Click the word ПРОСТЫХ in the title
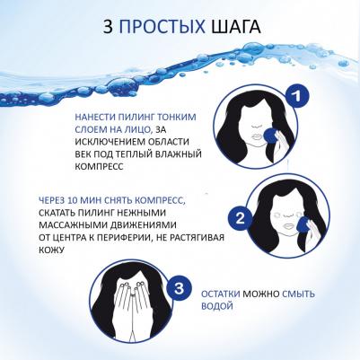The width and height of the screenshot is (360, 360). click(x=162, y=27)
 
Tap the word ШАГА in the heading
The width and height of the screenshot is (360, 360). click(x=236, y=27)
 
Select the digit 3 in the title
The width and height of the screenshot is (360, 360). click(x=108, y=27)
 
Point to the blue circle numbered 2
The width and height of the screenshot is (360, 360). click(x=241, y=219)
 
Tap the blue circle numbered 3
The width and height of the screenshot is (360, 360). click(x=179, y=289)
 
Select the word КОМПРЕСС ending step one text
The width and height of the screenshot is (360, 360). click(x=99, y=166)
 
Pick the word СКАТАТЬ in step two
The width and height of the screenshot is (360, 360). click(x=57, y=213)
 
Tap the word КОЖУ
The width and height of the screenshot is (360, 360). click(x=51, y=250)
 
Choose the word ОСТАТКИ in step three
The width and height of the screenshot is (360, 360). click(x=221, y=294)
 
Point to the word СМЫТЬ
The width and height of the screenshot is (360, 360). click(x=298, y=294)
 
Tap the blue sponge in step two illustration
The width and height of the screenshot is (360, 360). click(x=303, y=226)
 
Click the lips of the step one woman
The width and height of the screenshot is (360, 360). click(x=256, y=137)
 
